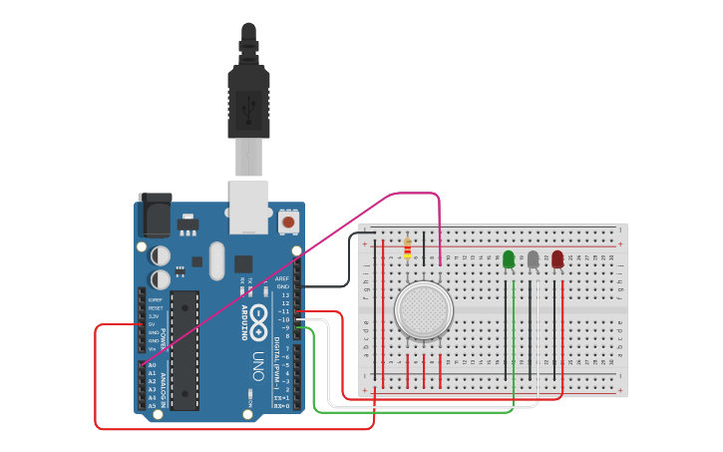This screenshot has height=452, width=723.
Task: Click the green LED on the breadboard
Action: point(509,259)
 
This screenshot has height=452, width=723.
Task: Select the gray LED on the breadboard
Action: point(533,259)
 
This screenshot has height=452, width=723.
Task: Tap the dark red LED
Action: point(556,259)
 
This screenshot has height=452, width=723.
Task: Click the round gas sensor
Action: point(423,310)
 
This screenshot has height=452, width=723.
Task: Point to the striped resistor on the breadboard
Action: point(407,247)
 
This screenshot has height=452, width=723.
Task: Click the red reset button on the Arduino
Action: point(288,222)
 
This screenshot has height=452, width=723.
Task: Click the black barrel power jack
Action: point(155,215)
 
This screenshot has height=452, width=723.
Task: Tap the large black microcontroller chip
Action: point(184,349)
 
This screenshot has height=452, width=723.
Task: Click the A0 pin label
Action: point(153,366)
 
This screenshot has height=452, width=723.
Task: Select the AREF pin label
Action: point(282,278)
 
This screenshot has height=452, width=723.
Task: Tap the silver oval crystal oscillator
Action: point(217,260)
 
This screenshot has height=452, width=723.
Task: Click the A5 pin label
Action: point(153,405)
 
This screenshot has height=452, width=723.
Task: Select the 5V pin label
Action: point(153,324)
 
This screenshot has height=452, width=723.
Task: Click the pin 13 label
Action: point(285,295)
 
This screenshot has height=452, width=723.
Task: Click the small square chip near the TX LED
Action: point(243,263)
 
